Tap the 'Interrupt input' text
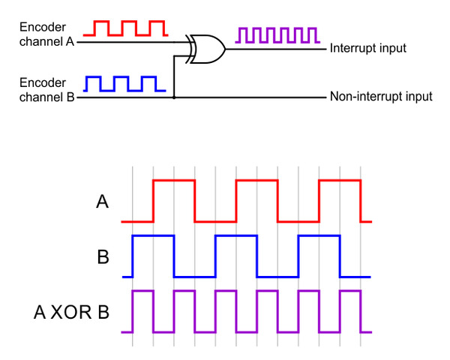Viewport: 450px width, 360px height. point(367,49)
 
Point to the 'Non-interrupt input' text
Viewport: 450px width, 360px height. point(381,97)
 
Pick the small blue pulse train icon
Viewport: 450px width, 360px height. point(124,83)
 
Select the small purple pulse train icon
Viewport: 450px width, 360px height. point(277,34)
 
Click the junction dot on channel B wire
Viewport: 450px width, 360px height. point(174,97)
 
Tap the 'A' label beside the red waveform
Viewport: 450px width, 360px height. point(103,201)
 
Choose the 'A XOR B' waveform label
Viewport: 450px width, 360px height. point(72,311)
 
